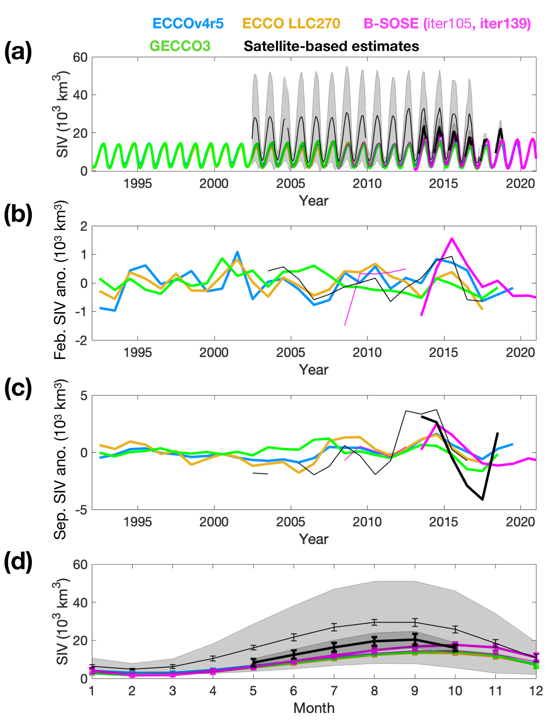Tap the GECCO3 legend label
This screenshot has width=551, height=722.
pyautogui.click(x=180, y=46)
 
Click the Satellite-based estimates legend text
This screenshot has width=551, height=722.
pyautogui.click(x=331, y=46)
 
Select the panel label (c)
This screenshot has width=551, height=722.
pyautogui.click(x=18, y=389)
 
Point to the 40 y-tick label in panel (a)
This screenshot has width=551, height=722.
pyautogui.click(x=80, y=95)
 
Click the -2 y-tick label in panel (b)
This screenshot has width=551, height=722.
pyautogui.click(x=81, y=341)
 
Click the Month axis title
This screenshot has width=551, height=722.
pyautogui.click(x=314, y=708)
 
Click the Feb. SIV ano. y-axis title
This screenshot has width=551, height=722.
pyautogui.click(x=61, y=281)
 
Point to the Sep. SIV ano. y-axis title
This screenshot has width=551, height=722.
pyautogui.click(x=61, y=459)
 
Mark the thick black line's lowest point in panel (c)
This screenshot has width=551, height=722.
pyautogui.click(x=482, y=499)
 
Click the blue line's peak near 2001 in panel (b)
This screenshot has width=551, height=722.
pyautogui.click(x=237, y=252)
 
